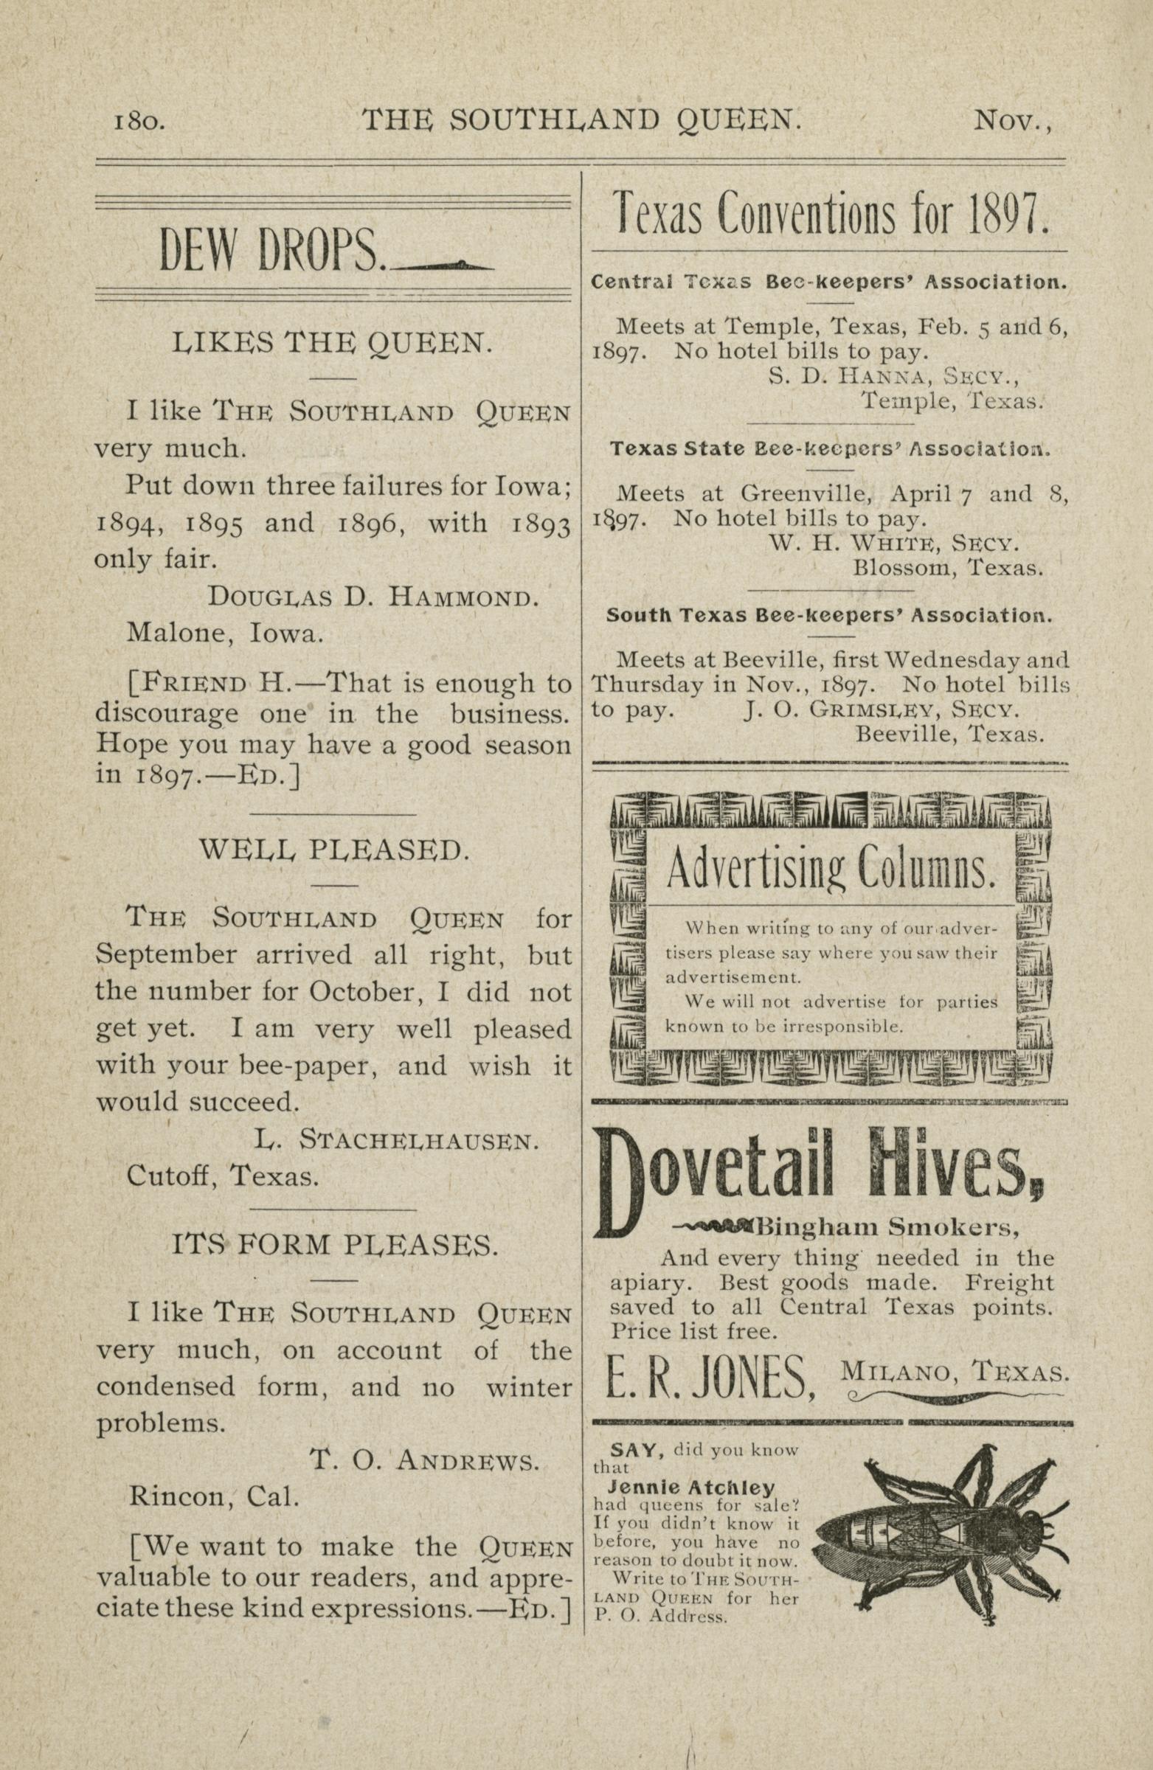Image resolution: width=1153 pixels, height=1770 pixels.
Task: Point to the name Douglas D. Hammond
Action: pyautogui.click(x=372, y=597)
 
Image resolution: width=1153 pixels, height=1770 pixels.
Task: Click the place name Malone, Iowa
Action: pyautogui.click(x=226, y=633)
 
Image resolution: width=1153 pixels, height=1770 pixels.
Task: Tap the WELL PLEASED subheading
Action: pyautogui.click(x=334, y=850)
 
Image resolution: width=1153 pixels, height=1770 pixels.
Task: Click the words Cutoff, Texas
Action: pyautogui.click(x=223, y=1176)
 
